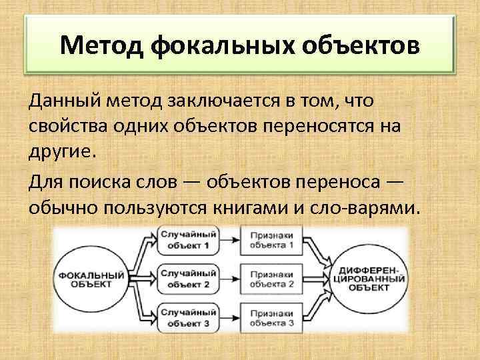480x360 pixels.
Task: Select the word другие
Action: click(x=63, y=150)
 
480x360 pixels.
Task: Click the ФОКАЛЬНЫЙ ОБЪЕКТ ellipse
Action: click(x=93, y=279)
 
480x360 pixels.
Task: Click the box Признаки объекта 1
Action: click(x=271, y=241)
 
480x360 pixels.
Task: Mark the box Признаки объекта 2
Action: click(x=271, y=279)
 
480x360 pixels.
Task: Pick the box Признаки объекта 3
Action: click(x=271, y=317)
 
